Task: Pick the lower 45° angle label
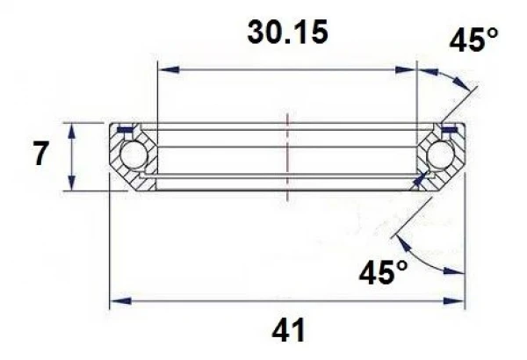[382, 273]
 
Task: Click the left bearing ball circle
[134, 155]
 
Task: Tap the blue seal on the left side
[125, 131]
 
